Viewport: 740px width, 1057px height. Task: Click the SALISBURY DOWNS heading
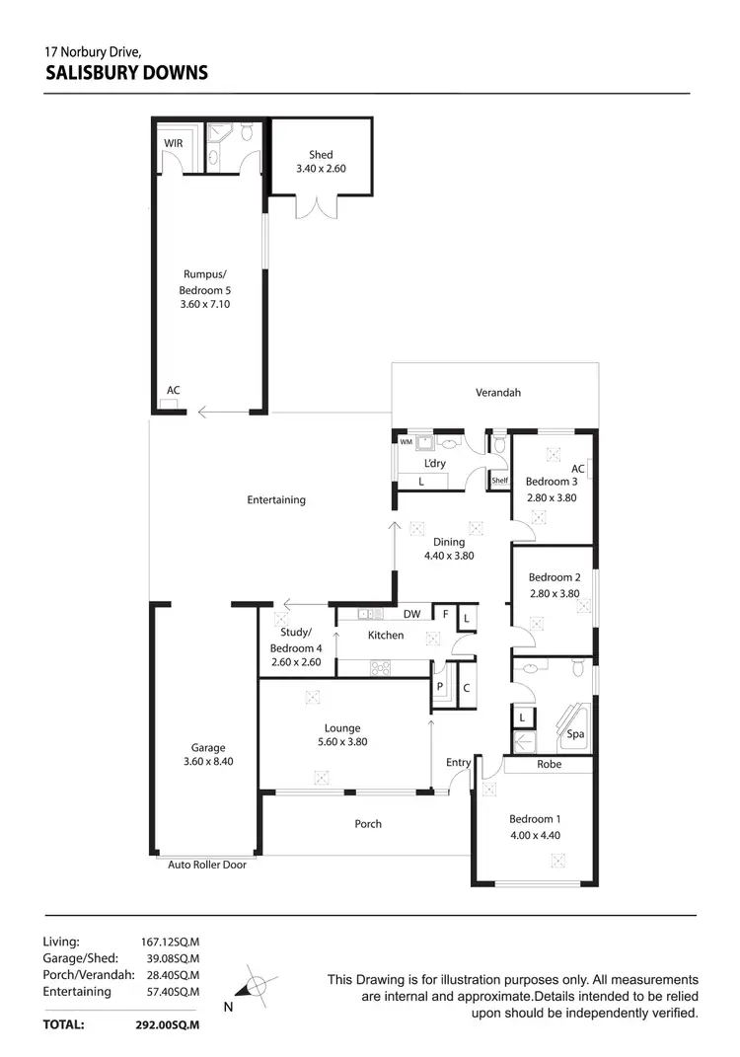tap(127, 72)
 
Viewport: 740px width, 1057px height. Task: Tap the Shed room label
tap(321, 154)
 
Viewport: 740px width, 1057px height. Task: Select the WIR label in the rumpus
tap(174, 143)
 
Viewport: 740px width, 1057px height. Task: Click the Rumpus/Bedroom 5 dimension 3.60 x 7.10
tap(205, 305)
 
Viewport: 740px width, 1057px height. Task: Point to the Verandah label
tap(498, 392)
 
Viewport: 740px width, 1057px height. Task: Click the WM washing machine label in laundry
tap(406, 442)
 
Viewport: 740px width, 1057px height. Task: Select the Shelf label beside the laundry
tap(499, 482)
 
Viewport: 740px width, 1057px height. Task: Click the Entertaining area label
tap(276, 499)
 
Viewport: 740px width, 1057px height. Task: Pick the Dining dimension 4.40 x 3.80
tap(449, 557)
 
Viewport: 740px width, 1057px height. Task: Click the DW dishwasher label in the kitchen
tap(412, 614)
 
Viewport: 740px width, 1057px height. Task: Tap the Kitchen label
tap(386, 636)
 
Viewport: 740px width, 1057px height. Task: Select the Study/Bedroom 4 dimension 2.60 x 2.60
tap(296, 662)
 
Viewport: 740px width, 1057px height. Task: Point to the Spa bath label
tap(574, 734)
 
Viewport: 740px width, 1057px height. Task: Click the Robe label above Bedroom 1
tap(550, 764)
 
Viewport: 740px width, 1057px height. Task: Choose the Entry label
tap(458, 762)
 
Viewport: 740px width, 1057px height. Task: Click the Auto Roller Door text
tap(208, 865)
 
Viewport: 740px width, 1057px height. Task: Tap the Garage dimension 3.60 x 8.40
tap(208, 761)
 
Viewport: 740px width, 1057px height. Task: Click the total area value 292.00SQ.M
tap(168, 1025)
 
